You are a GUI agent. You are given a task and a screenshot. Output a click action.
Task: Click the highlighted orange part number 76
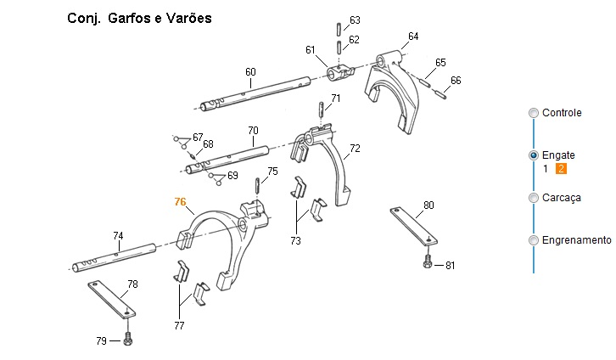point(180,202)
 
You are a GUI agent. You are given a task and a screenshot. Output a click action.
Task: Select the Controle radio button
point(533,113)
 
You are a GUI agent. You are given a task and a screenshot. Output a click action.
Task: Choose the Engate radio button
point(533,155)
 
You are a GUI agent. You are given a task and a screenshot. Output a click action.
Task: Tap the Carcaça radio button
point(533,198)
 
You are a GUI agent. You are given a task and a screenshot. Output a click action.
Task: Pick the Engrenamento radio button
point(533,240)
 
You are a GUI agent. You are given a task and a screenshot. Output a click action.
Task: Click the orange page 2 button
point(561,169)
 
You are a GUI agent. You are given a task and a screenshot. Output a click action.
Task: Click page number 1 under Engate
point(546,169)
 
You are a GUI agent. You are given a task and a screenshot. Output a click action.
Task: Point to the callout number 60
point(250,72)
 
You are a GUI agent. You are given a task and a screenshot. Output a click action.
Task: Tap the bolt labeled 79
point(127,340)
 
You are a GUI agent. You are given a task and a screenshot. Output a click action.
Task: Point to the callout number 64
point(413,37)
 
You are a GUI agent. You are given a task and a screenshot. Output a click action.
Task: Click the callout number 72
point(355,149)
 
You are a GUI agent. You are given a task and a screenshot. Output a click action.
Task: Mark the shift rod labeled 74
point(115,257)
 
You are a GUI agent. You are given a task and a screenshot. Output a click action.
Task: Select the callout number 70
point(253,131)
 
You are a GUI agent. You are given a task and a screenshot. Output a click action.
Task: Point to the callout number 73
point(295,241)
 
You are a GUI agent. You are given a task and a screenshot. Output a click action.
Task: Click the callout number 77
point(178,325)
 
